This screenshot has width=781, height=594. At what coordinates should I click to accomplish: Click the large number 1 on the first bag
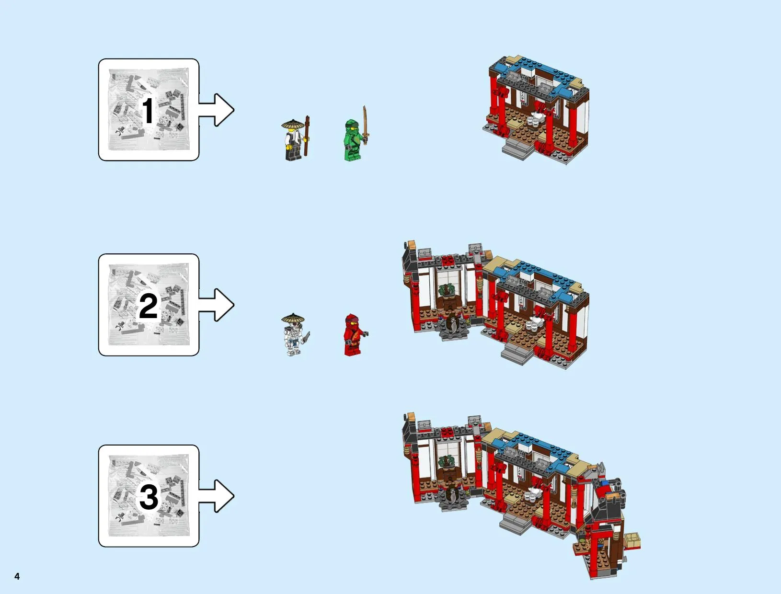pos(149,111)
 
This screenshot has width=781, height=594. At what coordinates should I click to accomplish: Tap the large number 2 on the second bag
pos(149,306)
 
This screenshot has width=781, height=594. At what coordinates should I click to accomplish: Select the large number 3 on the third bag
pos(149,497)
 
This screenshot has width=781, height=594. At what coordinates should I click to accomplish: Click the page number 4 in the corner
pos(17,576)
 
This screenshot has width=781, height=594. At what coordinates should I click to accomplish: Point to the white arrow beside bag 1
pos(216,110)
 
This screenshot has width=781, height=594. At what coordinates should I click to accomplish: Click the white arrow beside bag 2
pos(216,305)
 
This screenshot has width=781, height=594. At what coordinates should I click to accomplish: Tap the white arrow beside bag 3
pos(216,496)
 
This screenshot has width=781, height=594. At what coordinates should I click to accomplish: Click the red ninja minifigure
pos(355,335)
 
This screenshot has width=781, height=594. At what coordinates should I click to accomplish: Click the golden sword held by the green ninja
pos(365,125)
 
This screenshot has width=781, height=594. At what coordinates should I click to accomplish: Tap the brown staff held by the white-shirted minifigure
pos(307,136)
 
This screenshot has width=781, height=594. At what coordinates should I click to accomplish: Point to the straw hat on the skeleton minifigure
pos(293,318)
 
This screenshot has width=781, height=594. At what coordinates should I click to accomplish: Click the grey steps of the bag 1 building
pos(518,149)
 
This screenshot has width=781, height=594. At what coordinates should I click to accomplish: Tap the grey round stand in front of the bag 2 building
pos(453,329)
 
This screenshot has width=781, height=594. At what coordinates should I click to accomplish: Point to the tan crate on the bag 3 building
pos(631,541)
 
